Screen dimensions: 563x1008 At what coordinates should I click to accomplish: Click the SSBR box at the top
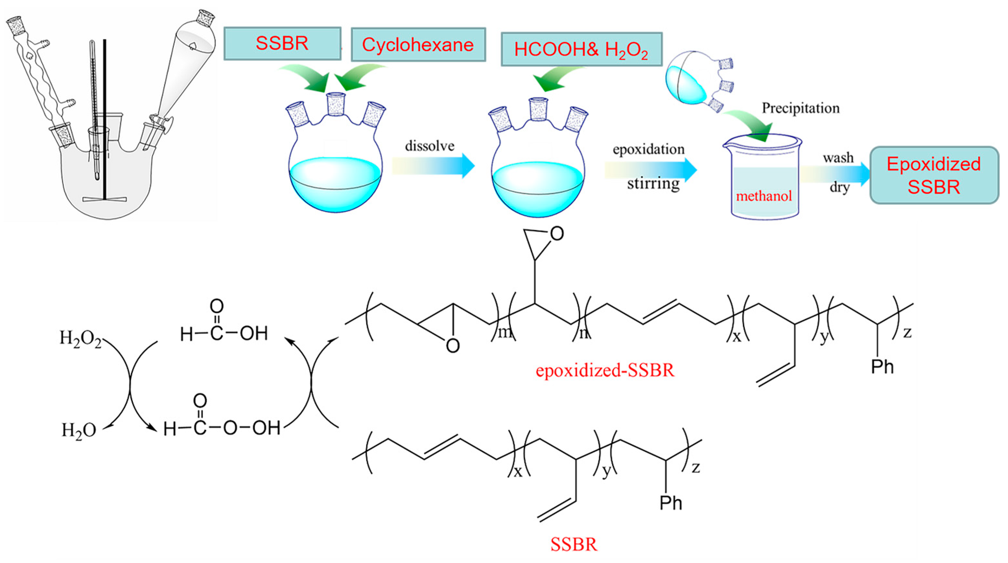(282, 43)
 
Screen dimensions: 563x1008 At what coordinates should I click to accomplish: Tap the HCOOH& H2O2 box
(581, 50)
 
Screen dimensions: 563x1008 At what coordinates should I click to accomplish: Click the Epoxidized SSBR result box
(934, 175)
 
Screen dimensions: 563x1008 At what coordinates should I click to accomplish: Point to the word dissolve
(429, 146)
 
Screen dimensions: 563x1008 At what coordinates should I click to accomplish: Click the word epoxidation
(648, 149)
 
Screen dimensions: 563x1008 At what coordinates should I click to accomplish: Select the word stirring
(653, 183)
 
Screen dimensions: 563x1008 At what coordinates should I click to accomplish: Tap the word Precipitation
(800, 108)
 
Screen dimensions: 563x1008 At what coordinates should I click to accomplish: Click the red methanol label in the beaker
(764, 196)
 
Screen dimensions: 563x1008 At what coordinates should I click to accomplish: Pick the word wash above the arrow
(838, 158)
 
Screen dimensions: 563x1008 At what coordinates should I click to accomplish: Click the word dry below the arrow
(839, 187)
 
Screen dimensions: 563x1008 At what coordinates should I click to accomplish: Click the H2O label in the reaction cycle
(79, 430)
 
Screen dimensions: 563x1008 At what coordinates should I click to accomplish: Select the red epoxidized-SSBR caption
(605, 370)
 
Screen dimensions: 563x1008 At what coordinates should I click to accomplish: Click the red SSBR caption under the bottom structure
(574, 544)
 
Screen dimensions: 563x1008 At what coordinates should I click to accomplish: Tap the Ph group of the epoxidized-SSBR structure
(882, 367)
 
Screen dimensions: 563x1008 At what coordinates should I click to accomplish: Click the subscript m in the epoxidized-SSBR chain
(504, 333)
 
